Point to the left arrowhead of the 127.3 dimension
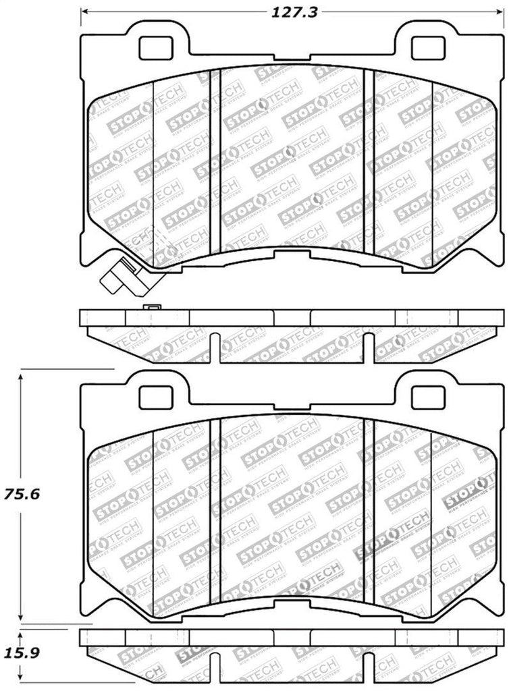tap(83, 12)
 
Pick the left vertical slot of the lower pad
tap(215, 509)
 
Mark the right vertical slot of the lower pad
tap(368, 509)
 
